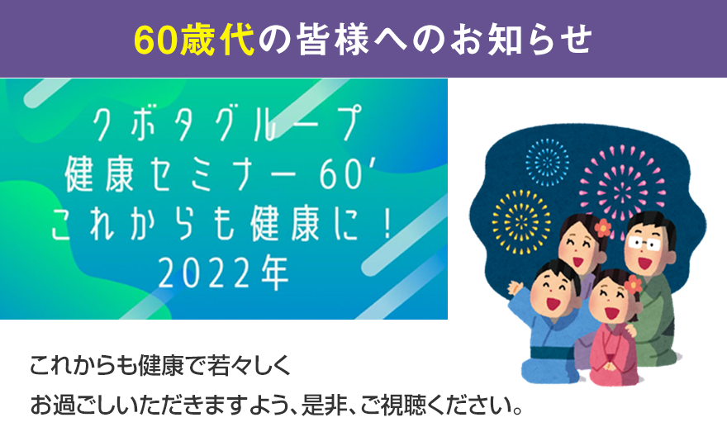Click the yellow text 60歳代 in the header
pos(194,39)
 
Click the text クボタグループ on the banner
pos(226,123)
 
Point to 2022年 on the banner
pos(224,273)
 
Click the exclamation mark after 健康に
pos(388,225)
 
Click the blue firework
pos(547,162)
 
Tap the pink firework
pos(622,183)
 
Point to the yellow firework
pos(521,222)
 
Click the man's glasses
pos(644,243)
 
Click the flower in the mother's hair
pos(603,228)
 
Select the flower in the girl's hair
pos(633,283)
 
